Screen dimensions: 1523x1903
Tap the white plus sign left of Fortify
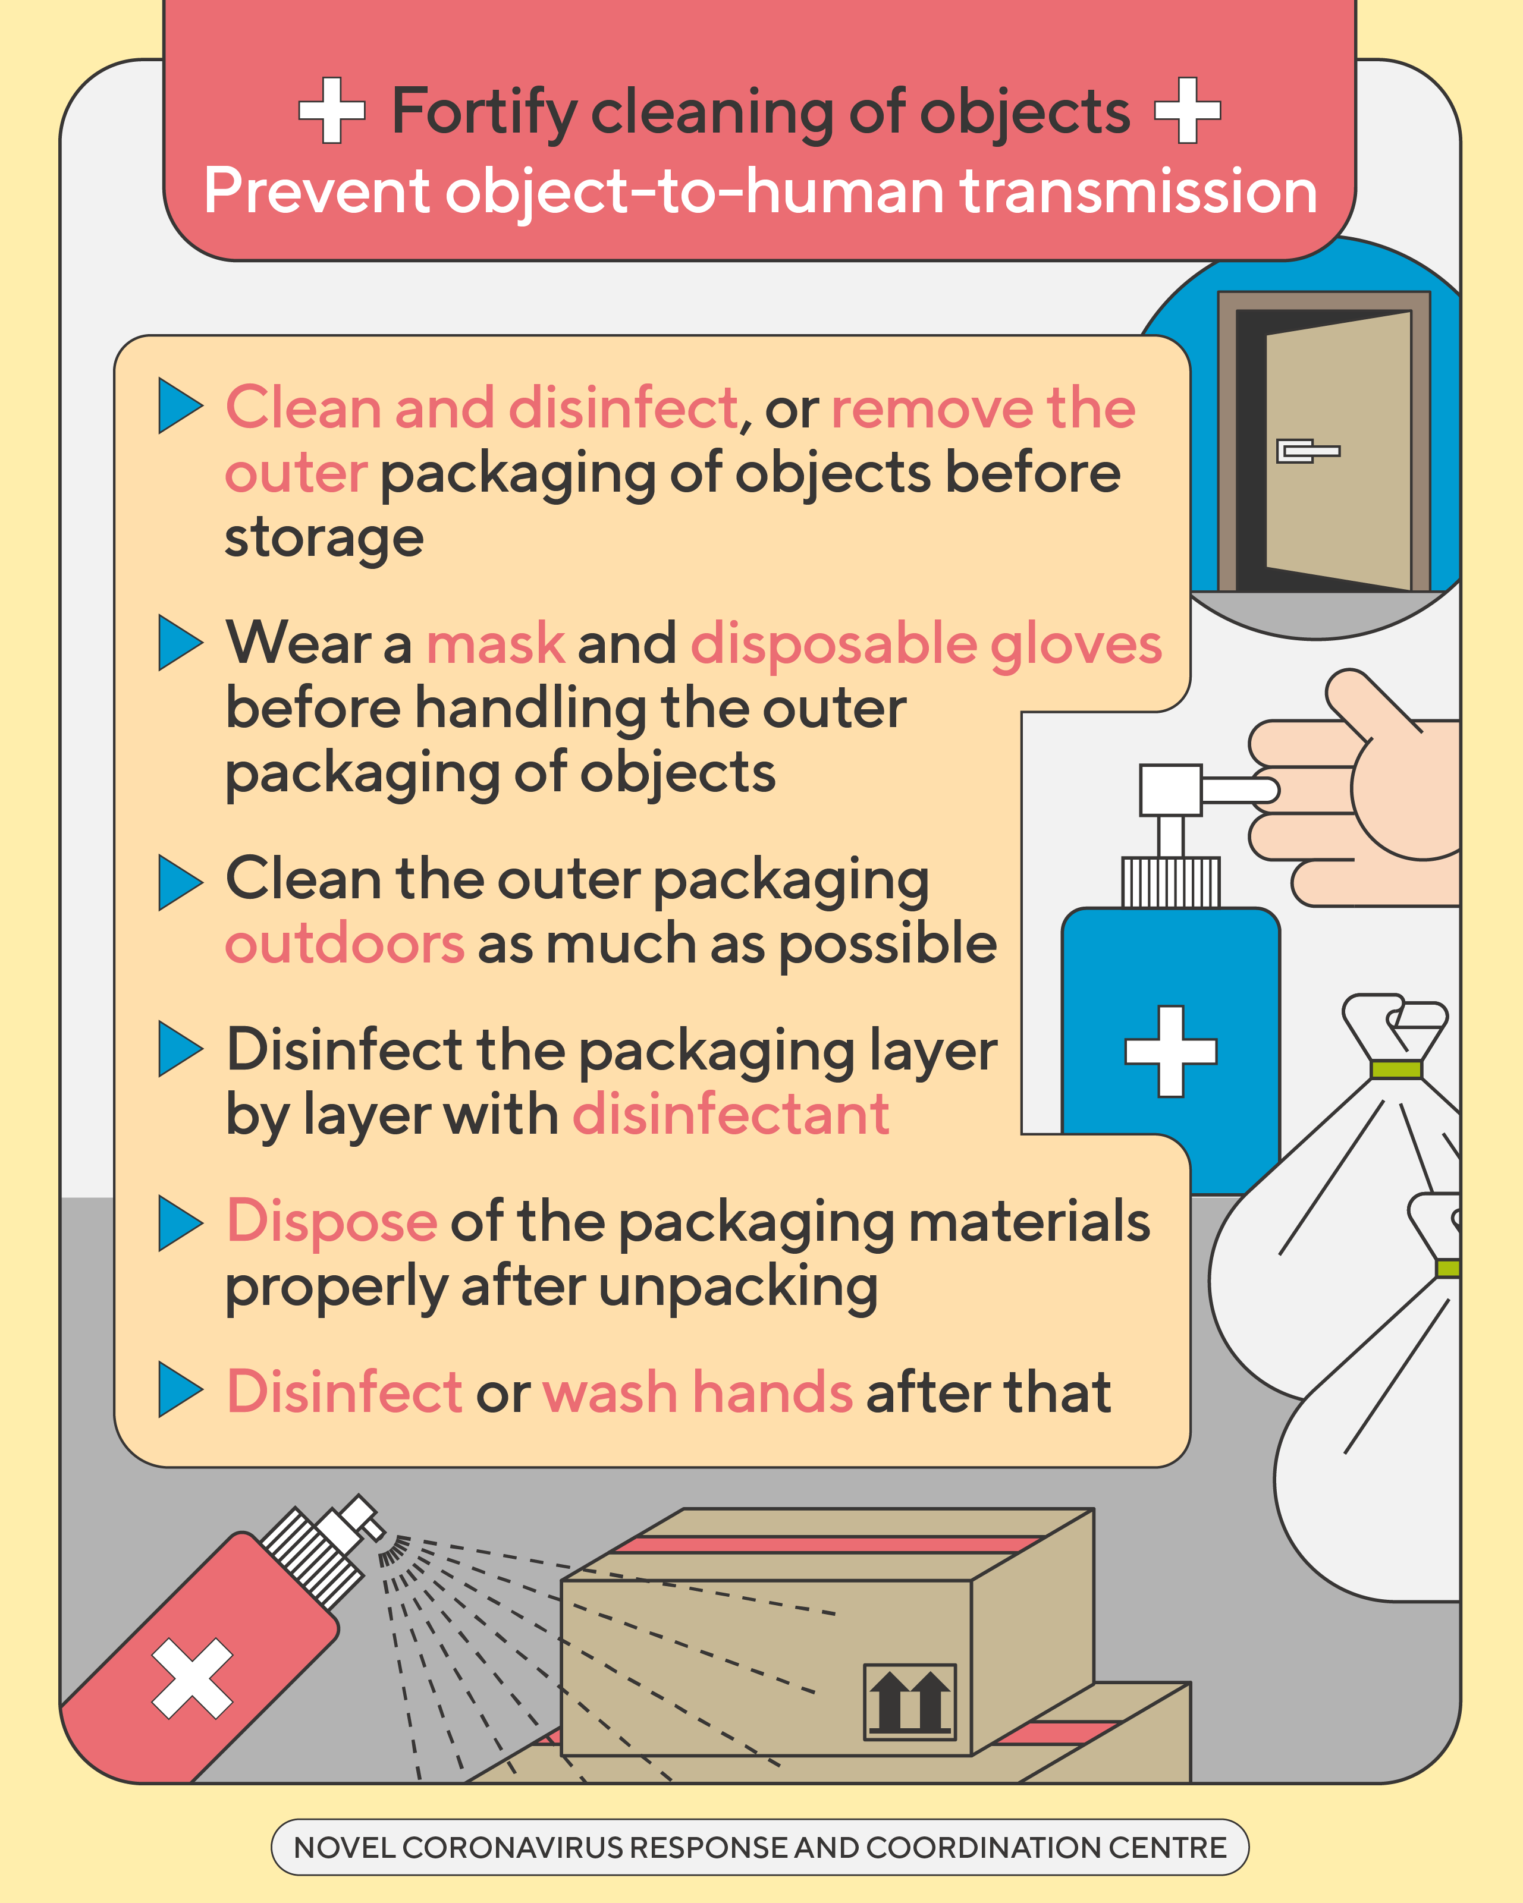[331, 111]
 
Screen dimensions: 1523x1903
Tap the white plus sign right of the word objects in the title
[1188, 111]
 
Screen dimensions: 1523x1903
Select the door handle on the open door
[1308, 451]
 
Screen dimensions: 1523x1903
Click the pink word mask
[495, 643]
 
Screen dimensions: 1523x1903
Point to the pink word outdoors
[344, 943]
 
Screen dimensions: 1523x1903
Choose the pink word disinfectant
[731, 1114]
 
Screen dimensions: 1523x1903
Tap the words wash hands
[698, 1392]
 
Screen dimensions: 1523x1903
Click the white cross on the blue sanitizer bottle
[1171, 1051]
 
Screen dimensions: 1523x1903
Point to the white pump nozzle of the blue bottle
[1208, 790]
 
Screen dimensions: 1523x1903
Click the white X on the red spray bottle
[193, 1679]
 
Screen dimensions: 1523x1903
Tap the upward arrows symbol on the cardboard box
[909, 1701]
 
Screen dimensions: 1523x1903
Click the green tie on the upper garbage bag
[1396, 1069]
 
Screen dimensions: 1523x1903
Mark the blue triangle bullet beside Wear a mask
[180, 643]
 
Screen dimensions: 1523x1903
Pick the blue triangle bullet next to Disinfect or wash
[180, 1389]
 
